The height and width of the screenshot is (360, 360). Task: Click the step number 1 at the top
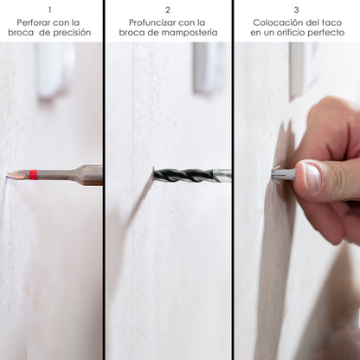point(50,10)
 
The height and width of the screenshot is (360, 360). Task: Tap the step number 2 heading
point(168,10)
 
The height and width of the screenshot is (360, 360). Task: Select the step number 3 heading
point(296,10)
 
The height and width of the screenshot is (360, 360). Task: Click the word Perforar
point(33,22)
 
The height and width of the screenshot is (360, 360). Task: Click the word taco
point(331,22)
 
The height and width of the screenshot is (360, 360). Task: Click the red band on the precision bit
point(34,175)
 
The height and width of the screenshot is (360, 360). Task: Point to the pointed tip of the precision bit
point(8,174)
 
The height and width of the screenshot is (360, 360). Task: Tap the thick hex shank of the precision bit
point(90,175)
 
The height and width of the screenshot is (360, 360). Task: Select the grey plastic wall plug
point(284,174)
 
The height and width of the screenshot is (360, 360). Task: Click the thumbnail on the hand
point(312,177)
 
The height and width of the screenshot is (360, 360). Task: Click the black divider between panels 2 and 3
point(233,180)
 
